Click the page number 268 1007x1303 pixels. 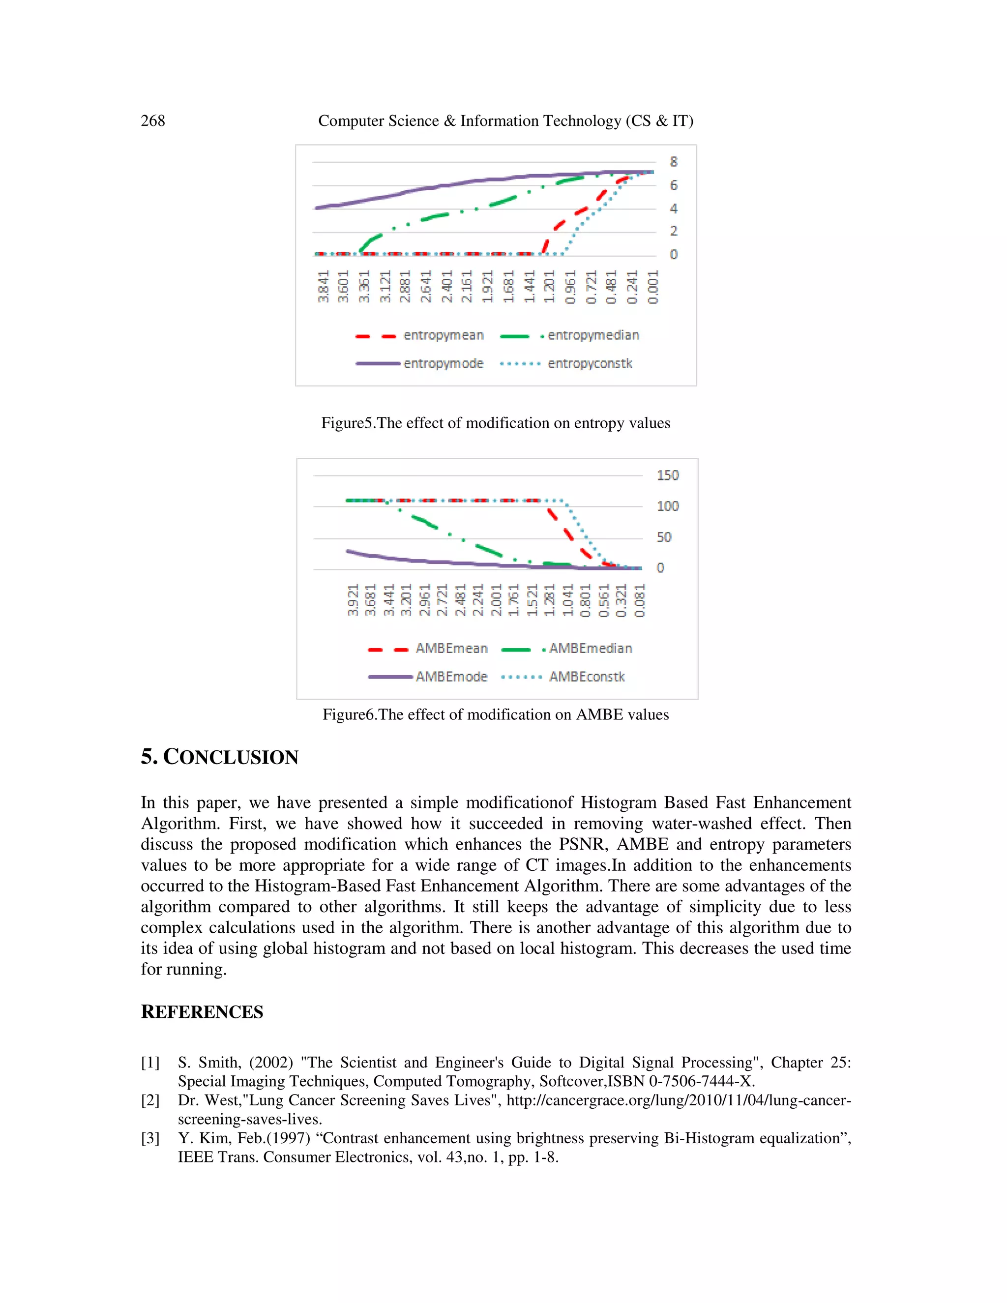coord(153,120)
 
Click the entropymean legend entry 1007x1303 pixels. coord(443,335)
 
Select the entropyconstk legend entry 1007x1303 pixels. coord(590,363)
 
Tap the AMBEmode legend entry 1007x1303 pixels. coord(451,677)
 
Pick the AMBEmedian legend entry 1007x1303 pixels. coord(590,649)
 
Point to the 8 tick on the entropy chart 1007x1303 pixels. coord(674,162)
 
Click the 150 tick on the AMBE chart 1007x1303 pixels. coord(668,475)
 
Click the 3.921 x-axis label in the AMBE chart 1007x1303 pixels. coord(353,600)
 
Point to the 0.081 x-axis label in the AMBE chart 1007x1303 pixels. coord(639,600)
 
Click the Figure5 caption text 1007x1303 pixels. coord(495,423)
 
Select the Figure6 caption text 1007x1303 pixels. coord(495,715)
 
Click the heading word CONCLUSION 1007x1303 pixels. coord(231,757)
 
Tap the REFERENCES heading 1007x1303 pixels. coord(202,1012)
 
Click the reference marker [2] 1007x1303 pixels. coord(150,1100)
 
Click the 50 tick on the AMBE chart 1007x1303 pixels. coord(663,537)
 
